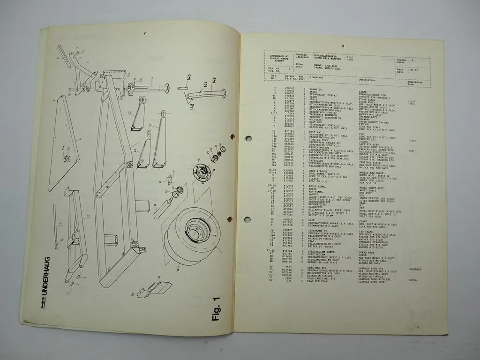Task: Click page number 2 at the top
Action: [145, 33]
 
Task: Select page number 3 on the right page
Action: [343, 46]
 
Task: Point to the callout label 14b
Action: [188, 78]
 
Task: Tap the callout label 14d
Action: [191, 105]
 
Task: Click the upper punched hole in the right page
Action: [248, 138]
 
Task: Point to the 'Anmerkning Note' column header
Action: [414, 82]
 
